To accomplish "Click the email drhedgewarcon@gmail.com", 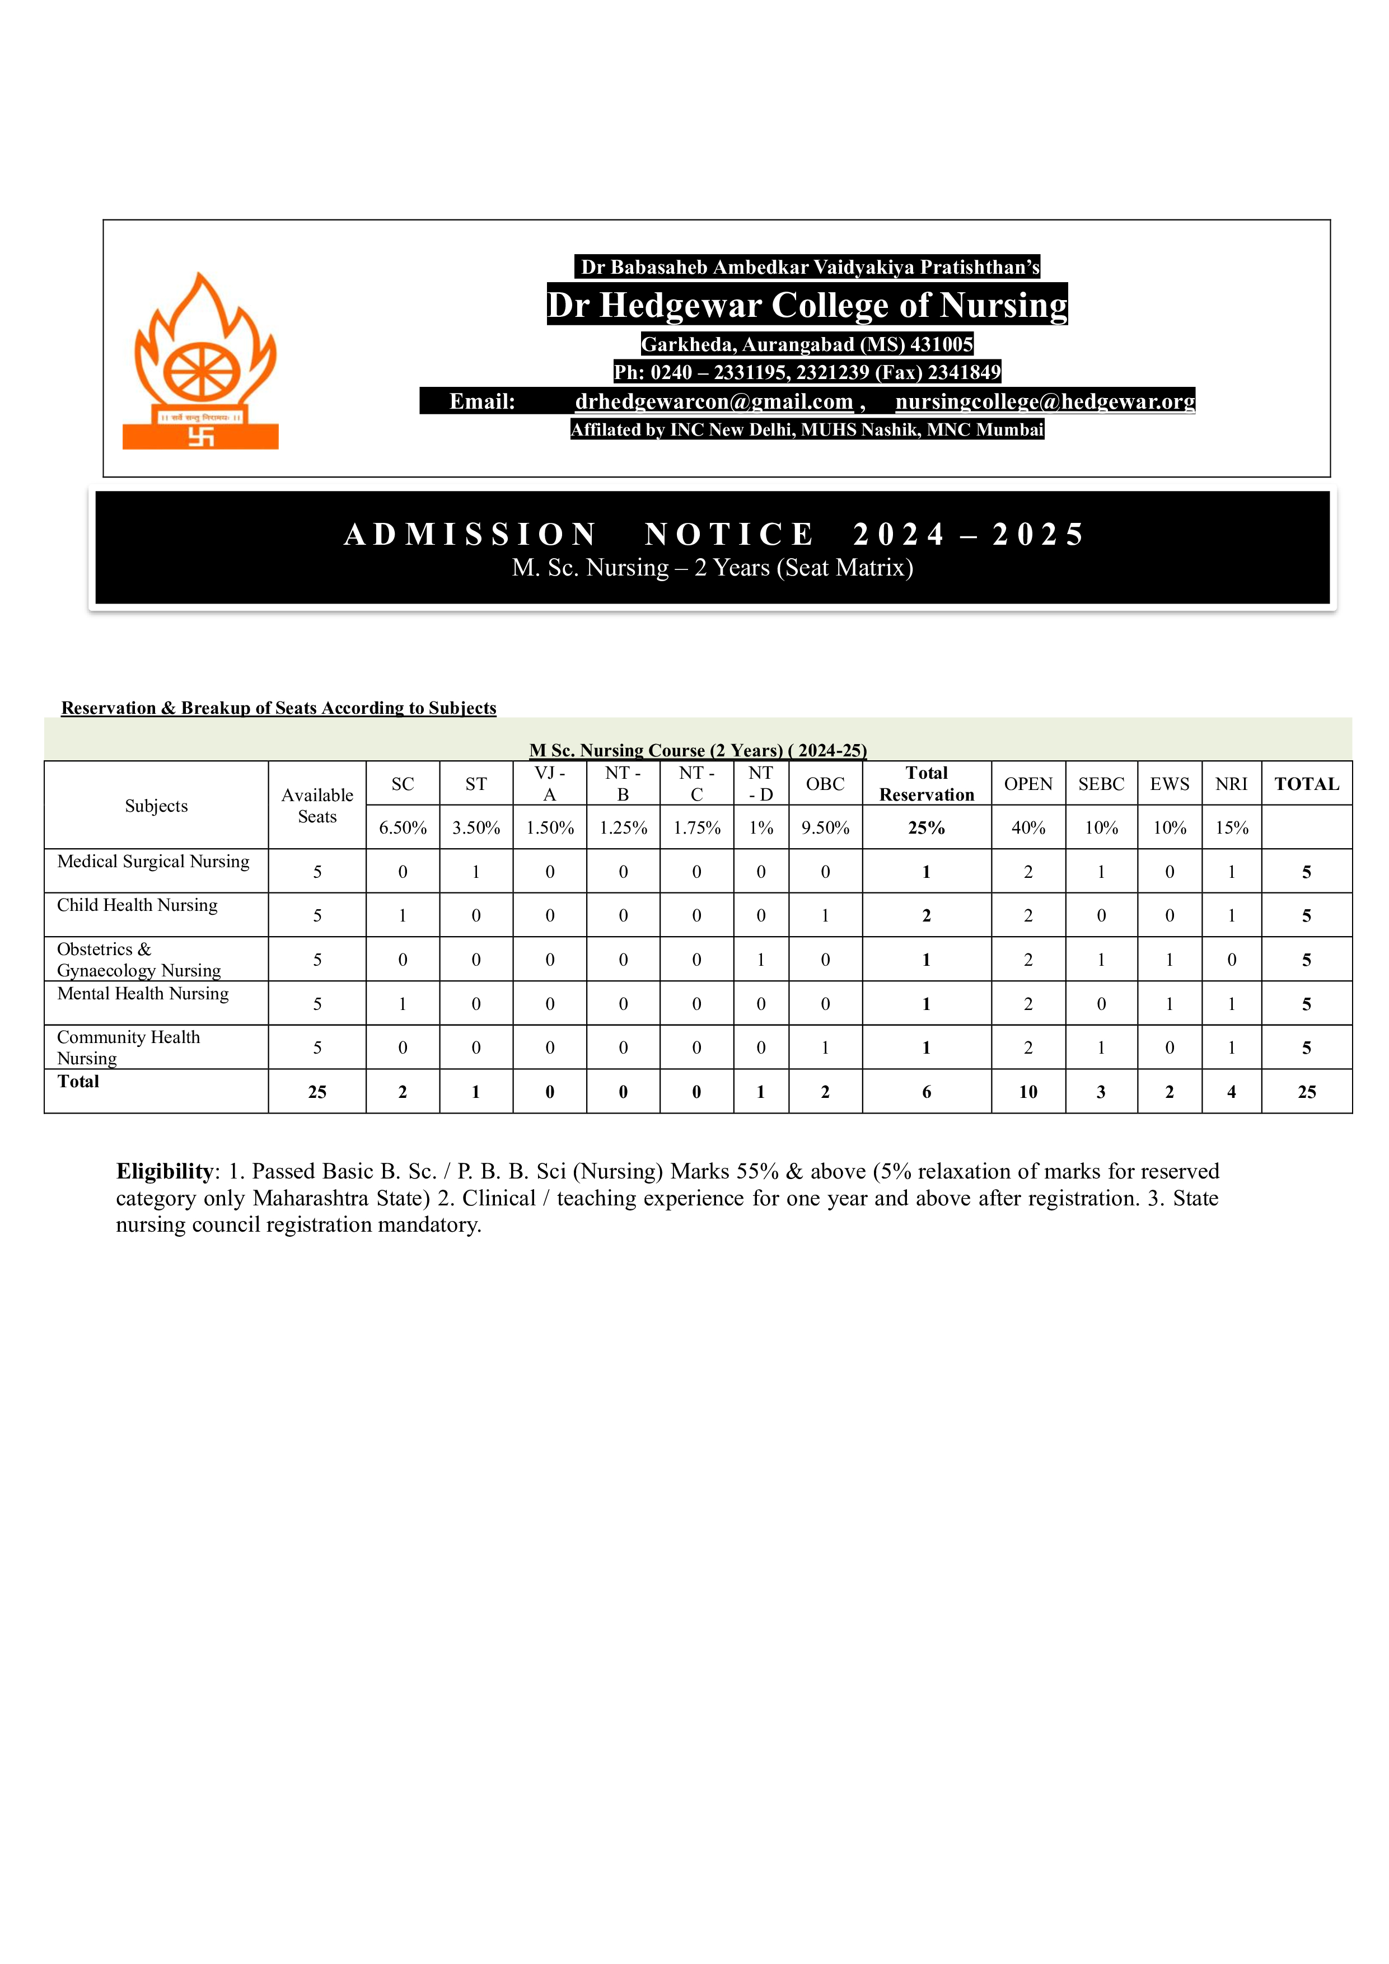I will [x=714, y=401].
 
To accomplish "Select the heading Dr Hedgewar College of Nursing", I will [x=807, y=305].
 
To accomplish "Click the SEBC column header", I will [x=1101, y=784].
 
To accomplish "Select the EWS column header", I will [x=1169, y=784].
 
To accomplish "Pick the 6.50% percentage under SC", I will [x=403, y=827].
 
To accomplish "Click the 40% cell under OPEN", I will [x=1028, y=827].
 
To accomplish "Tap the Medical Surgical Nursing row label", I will [x=153, y=862].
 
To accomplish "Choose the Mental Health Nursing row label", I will [x=143, y=993].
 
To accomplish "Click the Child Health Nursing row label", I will [x=137, y=905].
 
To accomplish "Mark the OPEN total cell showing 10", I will [x=1028, y=1092].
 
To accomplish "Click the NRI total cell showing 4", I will [x=1232, y=1092].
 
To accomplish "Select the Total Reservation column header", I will [x=927, y=784].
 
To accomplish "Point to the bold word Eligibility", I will [x=164, y=1171].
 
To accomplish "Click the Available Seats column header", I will [x=317, y=806].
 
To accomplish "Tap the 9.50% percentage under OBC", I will [x=825, y=827].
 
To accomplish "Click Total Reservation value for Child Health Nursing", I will [x=927, y=915].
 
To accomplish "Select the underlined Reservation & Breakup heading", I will [x=279, y=708].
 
